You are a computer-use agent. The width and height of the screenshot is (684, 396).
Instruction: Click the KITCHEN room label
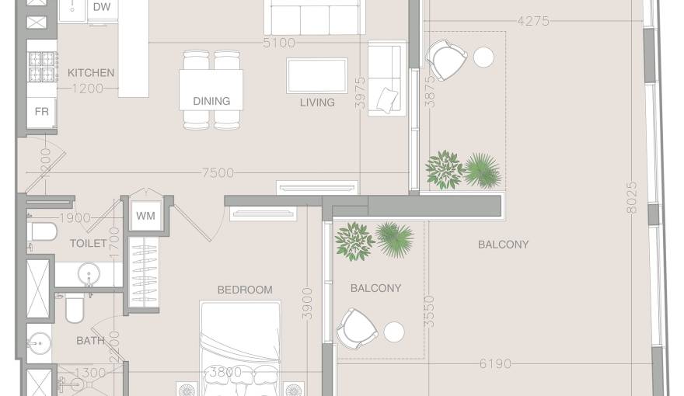[x=91, y=73]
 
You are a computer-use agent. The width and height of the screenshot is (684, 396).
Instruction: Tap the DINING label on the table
[x=211, y=101]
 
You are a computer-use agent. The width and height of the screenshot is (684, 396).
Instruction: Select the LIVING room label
[x=317, y=102]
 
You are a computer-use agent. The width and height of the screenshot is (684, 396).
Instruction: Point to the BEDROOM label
[x=245, y=290]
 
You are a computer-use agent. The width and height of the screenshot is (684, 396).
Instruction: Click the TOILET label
[x=89, y=243]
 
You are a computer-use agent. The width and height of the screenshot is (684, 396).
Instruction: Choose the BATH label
[x=90, y=340]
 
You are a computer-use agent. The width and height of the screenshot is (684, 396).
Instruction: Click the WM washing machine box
[x=145, y=216]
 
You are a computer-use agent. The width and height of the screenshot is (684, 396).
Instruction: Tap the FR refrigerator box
[x=42, y=112]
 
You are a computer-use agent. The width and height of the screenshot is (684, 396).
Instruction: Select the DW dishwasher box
[x=102, y=8]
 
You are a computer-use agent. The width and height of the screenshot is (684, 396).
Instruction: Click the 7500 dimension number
[x=218, y=173]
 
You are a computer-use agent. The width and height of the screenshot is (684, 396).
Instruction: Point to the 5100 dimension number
[x=279, y=43]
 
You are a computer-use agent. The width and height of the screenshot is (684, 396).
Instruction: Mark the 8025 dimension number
[x=631, y=198]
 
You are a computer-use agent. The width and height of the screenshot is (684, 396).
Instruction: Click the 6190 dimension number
[x=495, y=363]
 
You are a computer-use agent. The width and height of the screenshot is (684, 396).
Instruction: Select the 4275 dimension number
[x=533, y=21]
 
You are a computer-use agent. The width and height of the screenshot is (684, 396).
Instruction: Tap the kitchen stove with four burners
[x=42, y=67]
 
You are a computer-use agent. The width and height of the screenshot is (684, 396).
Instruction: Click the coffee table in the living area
[x=317, y=75]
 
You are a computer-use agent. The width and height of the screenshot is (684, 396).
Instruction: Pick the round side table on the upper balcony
[x=483, y=57]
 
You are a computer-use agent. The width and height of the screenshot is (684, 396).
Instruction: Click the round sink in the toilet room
[x=89, y=274]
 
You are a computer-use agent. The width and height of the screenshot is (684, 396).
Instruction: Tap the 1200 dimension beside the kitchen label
[x=88, y=89]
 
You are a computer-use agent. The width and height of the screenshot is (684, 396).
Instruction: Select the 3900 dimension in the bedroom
[x=307, y=304]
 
